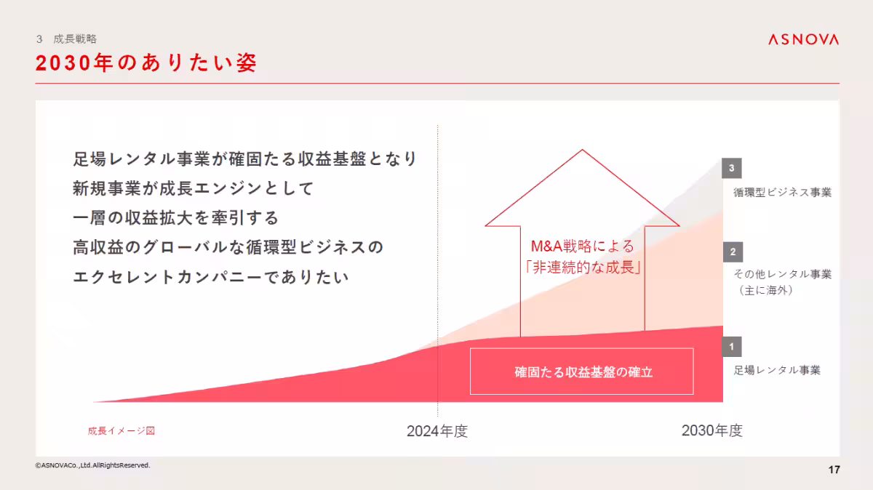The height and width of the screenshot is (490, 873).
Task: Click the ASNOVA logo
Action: [x=803, y=39]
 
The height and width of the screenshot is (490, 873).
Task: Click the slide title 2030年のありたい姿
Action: [x=146, y=63]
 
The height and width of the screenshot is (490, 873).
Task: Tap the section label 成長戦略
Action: [x=75, y=39]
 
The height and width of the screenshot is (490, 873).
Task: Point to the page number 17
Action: [x=834, y=470]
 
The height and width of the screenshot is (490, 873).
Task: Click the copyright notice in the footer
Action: [x=92, y=465]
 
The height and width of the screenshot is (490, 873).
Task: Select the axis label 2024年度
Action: [x=437, y=431]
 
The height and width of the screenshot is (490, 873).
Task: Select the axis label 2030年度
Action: [x=711, y=430]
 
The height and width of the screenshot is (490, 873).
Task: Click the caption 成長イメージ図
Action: [x=121, y=430]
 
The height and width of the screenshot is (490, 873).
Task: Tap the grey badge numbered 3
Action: [x=732, y=169]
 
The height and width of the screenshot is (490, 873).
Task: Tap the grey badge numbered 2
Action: [x=732, y=252]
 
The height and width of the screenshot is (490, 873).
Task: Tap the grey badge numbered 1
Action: [x=732, y=347]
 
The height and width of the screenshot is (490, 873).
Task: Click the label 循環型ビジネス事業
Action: [x=782, y=193]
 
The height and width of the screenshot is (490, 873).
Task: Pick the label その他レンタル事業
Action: [x=782, y=274]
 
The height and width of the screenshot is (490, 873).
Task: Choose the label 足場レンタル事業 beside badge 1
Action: [x=777, y=370]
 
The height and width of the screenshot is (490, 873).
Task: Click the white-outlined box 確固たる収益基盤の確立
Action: [x=582, y=371]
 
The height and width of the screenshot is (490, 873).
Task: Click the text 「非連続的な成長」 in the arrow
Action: [x=582, y=267]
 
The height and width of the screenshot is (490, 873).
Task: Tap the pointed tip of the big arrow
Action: [x=582, y=151]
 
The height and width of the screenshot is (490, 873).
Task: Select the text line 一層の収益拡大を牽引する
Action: [x=175, y=218]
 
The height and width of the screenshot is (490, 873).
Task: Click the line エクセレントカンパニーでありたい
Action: [x=211, y=277]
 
